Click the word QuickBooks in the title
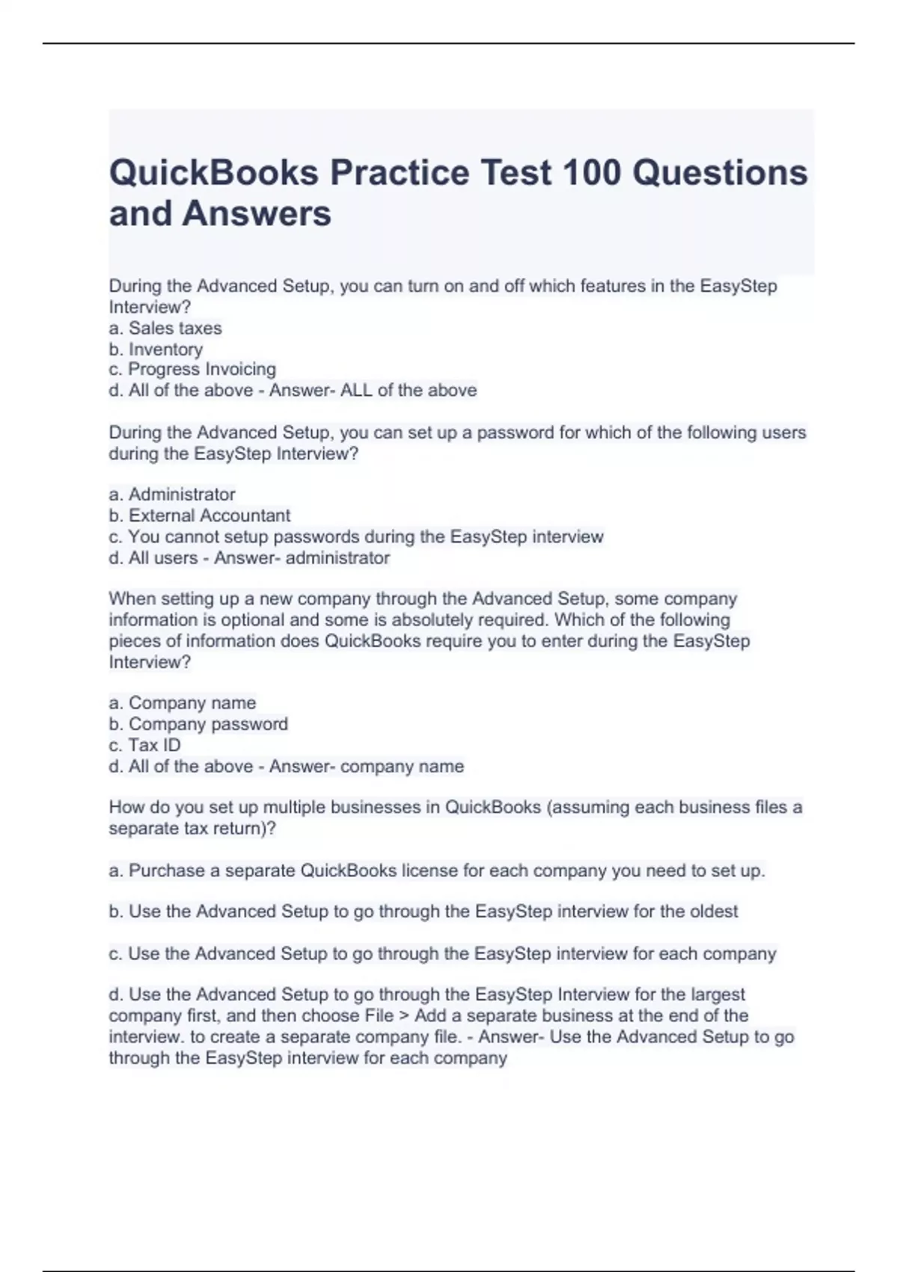coord(214,173)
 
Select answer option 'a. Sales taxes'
coord(165,328)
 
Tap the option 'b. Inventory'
coord(156,349)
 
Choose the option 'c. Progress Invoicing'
coord(192,369)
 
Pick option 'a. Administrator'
coord(172,494)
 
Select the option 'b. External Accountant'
coord(200,516)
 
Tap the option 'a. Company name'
coord(183,703)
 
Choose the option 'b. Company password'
coord(198,724)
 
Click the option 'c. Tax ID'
coord(145,745)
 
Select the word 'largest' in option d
coord(718,994)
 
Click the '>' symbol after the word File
coord(404,1015)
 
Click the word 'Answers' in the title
coord(257,213)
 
